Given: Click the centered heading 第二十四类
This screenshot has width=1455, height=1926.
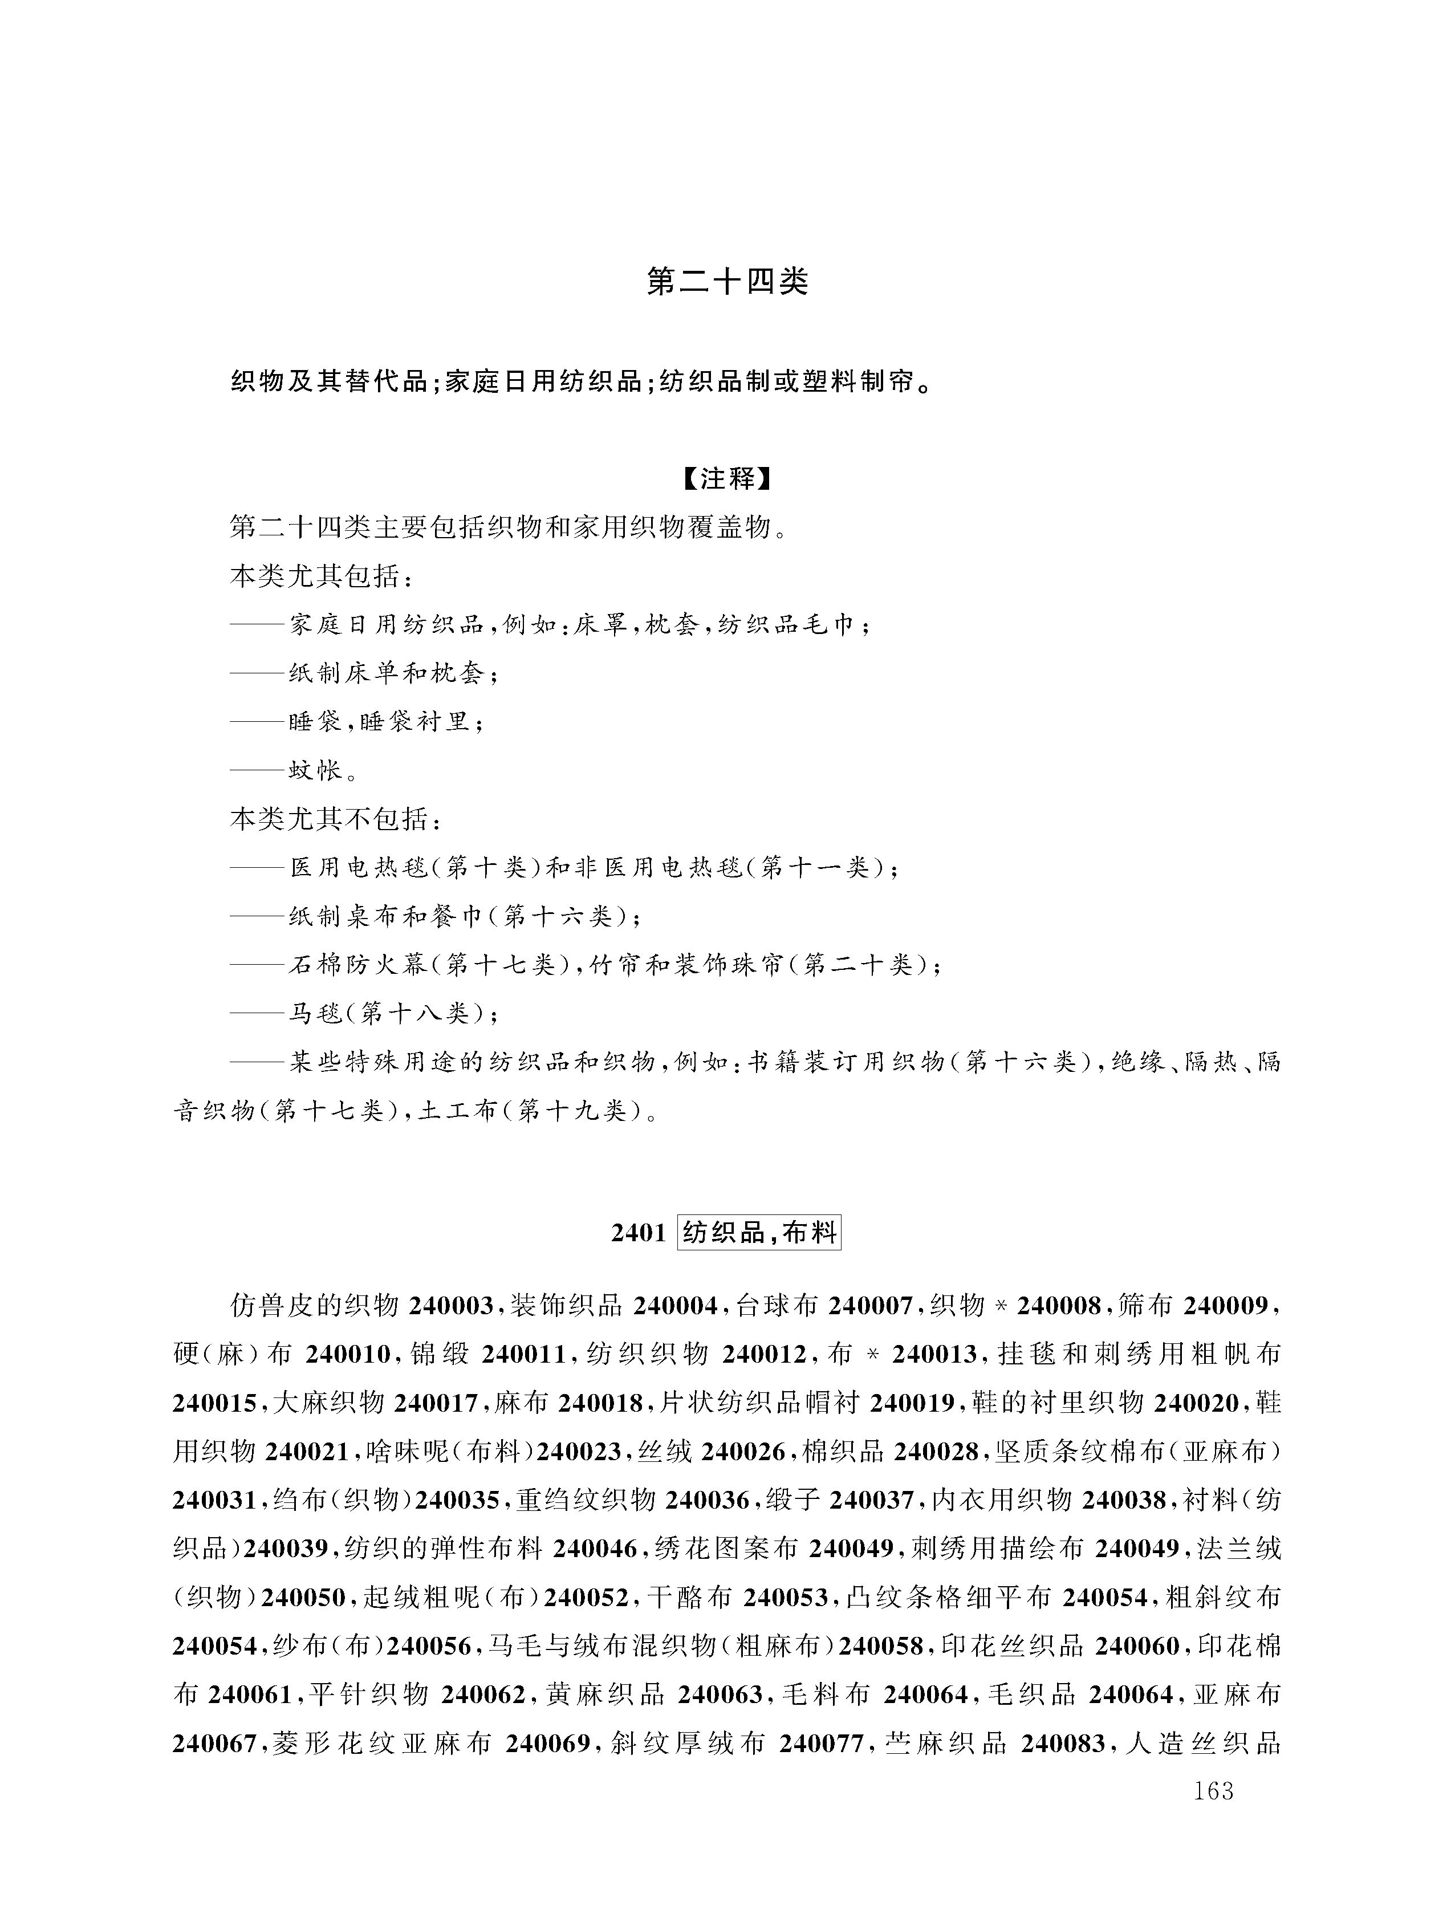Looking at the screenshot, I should (727, 281).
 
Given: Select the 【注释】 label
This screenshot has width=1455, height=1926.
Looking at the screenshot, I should (727, 479).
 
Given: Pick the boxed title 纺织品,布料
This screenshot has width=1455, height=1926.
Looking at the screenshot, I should (759, 1233).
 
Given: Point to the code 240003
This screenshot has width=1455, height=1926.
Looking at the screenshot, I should (453, 1306).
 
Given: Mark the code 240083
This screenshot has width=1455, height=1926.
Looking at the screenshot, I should (1063, 1744).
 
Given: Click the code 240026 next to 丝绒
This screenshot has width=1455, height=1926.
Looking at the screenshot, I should (745, 1452).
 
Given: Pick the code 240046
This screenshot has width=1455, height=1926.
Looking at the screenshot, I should (596, 1549).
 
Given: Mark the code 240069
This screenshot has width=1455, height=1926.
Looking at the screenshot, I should (548, 1744).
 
